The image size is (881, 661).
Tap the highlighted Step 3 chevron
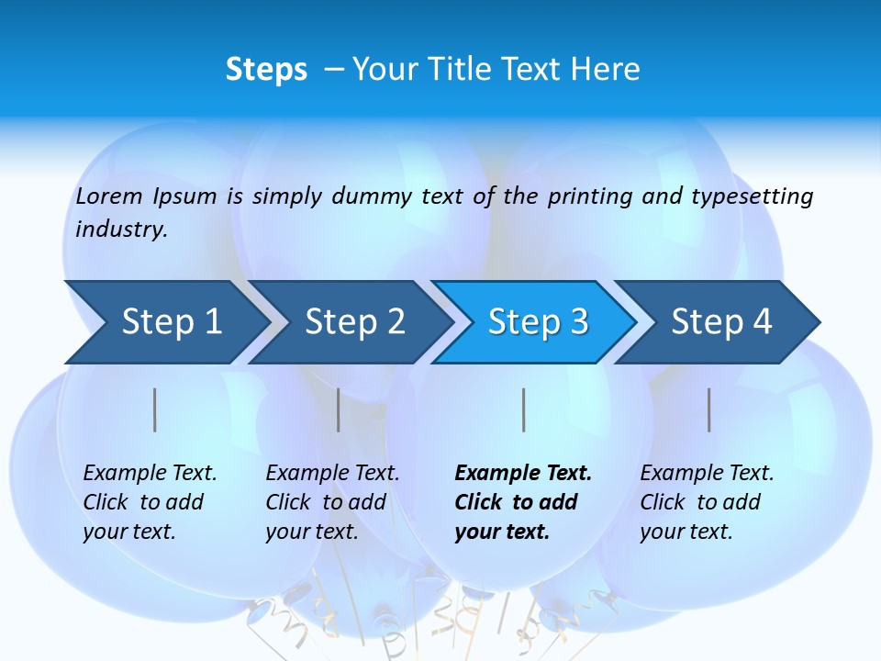coord(538,321)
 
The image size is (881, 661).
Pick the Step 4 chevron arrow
coord(721,321)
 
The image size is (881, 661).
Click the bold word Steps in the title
coord(266,70)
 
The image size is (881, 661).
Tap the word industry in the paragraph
coord(121,230)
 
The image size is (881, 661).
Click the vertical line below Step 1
coord(155,409)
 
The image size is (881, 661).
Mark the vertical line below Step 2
coord(339,409)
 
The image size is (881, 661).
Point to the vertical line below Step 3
coord(524,409)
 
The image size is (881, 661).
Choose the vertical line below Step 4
coord(709,409)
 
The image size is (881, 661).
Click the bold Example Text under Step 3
coord(523,474)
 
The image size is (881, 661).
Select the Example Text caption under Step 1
coord(150,474)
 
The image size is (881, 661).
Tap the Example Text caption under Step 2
coord(332,474)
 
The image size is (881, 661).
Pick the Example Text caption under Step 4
coord(707,474)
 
